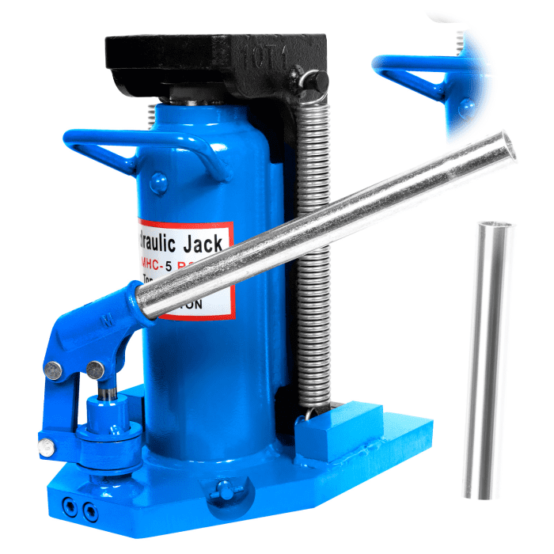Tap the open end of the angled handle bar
[507, 147]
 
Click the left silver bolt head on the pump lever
[54, 369]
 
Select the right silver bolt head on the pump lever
[97, 369]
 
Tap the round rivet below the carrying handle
[157, 188]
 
